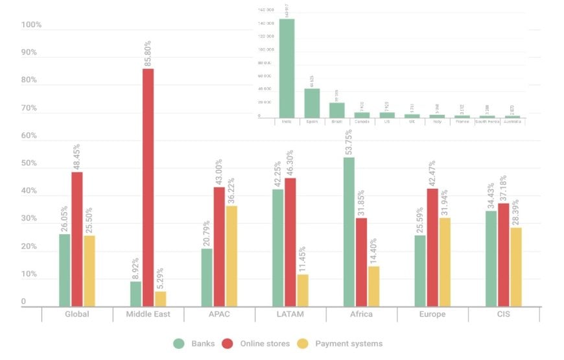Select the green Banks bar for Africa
(349, 232)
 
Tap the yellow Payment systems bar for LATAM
(303, 290)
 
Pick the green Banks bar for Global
(64, 270)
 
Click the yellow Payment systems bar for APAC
(231, 256)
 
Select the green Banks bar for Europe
(420, 270)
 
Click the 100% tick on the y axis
(31, 25)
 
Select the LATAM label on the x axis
(290, 315)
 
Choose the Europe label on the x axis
(432, 315)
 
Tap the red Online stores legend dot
(228, 343)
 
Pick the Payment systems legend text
(349, 343)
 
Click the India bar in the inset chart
(287, 67)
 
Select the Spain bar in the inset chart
(312, 102)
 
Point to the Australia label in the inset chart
(512, 121)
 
